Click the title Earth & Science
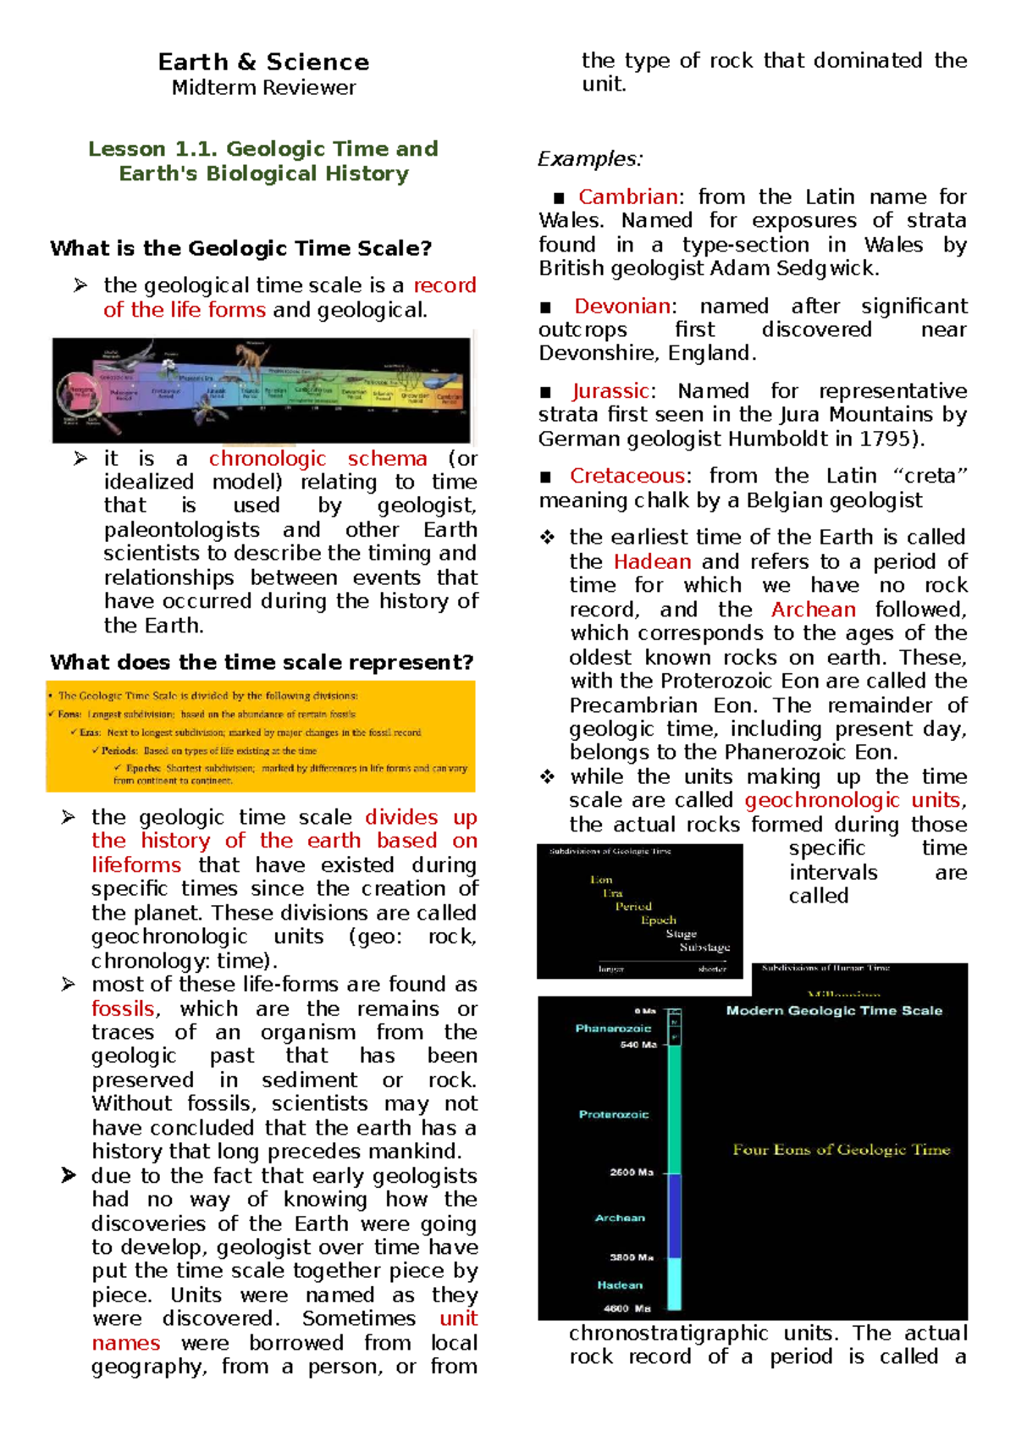[x=263, y=62]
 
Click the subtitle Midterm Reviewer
[x=263, y=88]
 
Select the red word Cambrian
[x=627, y=197]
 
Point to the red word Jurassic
[x=610, y=391]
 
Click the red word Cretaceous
[x=627, y=476]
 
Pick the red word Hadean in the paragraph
[x=652, y=562]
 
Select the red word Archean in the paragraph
[x=813, y=610]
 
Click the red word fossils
[x=124, y=1009]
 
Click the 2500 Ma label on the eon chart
[x=632, y=1173]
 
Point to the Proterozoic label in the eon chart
[x=614, y=1114]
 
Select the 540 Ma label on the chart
[x=638, y=1045]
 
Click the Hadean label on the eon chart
[x=620, y=1285]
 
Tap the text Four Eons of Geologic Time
[x=841, y=1150]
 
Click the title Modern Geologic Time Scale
[x=834, y=1010]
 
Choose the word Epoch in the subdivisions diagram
[x=658, y=920]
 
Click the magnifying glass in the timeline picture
[x=84, y=394]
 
